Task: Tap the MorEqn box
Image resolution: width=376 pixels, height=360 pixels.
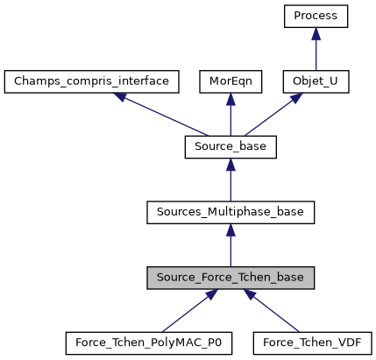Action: pos(231,81)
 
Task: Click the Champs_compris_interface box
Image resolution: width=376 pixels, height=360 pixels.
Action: pos(92,81)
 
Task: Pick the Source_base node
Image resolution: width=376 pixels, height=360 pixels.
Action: pos(231,147)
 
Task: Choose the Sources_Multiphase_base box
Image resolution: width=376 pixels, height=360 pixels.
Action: pos(231,212)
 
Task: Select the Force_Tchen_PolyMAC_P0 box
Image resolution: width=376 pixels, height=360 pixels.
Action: pos(148,342)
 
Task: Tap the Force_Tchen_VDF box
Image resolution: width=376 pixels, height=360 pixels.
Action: pos(313,342)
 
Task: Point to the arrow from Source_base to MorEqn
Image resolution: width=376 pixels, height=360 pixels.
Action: pos(231,116)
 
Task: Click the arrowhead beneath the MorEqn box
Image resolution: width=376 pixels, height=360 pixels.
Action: pos(231,98)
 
